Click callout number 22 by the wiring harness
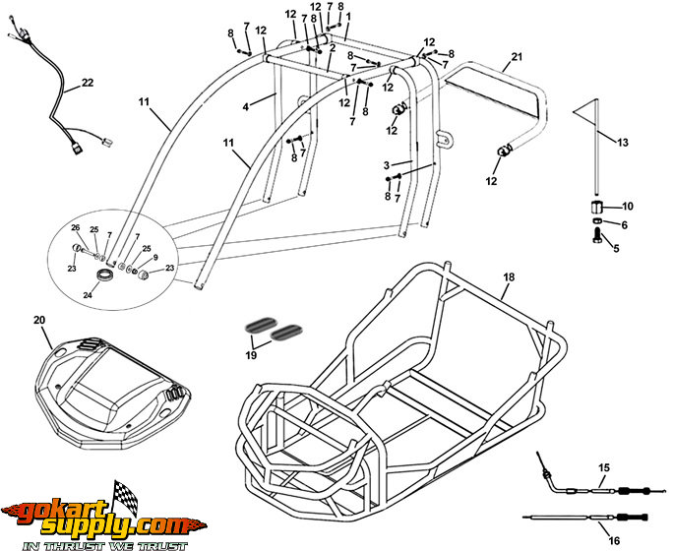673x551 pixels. [88, 83]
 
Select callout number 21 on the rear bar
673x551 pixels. [518, 57]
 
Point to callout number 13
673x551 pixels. [622, 142]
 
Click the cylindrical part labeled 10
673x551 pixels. [596, 207]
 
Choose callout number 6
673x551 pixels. [622, 225]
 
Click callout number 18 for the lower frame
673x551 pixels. [509, 278]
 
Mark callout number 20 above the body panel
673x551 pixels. [39, 321]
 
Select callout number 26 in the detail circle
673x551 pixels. [75, 228]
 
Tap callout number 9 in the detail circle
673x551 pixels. [155, 258]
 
